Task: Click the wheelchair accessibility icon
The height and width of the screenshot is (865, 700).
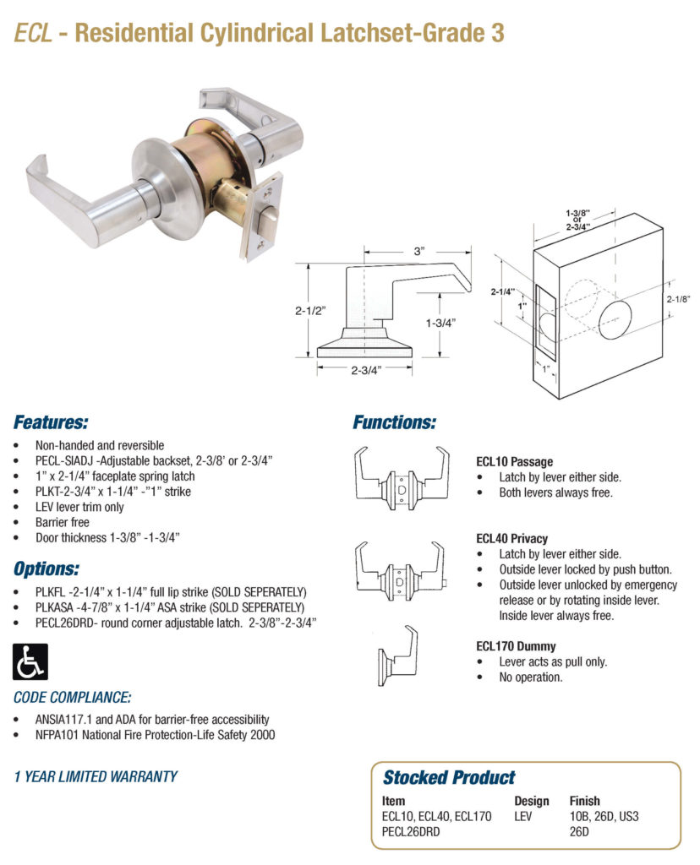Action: click(x=30, y=661)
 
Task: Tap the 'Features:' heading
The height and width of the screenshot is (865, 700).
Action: click(x=51, y=422)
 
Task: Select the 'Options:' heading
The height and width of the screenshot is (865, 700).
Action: click(x=47, y=568)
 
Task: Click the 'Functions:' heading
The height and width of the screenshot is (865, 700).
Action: click(x=394, y=422)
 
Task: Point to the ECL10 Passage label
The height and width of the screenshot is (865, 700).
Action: click(x=515, y=462)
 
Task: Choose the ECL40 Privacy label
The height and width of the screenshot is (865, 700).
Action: click(x=511, y=538)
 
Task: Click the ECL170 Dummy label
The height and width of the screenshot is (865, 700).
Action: click(x=516, y=646)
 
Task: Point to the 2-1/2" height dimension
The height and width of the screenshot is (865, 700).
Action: click(x=310, y=310)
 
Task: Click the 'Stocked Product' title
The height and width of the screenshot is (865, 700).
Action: click(x=448, y=777)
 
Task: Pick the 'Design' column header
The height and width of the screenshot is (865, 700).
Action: click(x=531, y=801)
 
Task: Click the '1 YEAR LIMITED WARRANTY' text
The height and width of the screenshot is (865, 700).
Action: click(x=96, y=776)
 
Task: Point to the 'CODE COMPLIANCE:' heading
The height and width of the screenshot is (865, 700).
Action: click(x=73, y=698)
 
